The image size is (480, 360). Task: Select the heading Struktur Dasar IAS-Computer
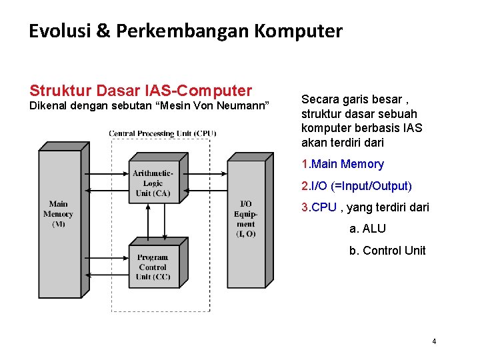pyautogui.click(x=141, y=91)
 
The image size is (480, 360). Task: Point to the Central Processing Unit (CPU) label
pyautogui.click(x=163, y=133)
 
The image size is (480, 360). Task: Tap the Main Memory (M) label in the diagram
pyautogui.click(x=59, y=214)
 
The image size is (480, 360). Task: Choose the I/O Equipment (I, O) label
pyautogui.click(x=245, y=219)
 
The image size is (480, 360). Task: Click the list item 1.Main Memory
pyautogui.click(x=343, y=164)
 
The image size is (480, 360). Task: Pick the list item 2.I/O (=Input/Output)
pyautogui.click(x=357, y=185)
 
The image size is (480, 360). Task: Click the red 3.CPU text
pyautogui.click(x=319, y=207)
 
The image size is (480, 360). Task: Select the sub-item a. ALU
pyautogui.click(x=367, y=229)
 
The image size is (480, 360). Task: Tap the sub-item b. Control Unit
pyautogui.click(x=387, y=251)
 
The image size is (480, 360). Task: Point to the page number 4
pyautogui.click(x=434, y=341)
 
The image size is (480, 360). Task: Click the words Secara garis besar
pyautogui.click(x=351, y=99)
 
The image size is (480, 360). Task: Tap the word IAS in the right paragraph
pyautogui.click(x=412, y=128)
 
